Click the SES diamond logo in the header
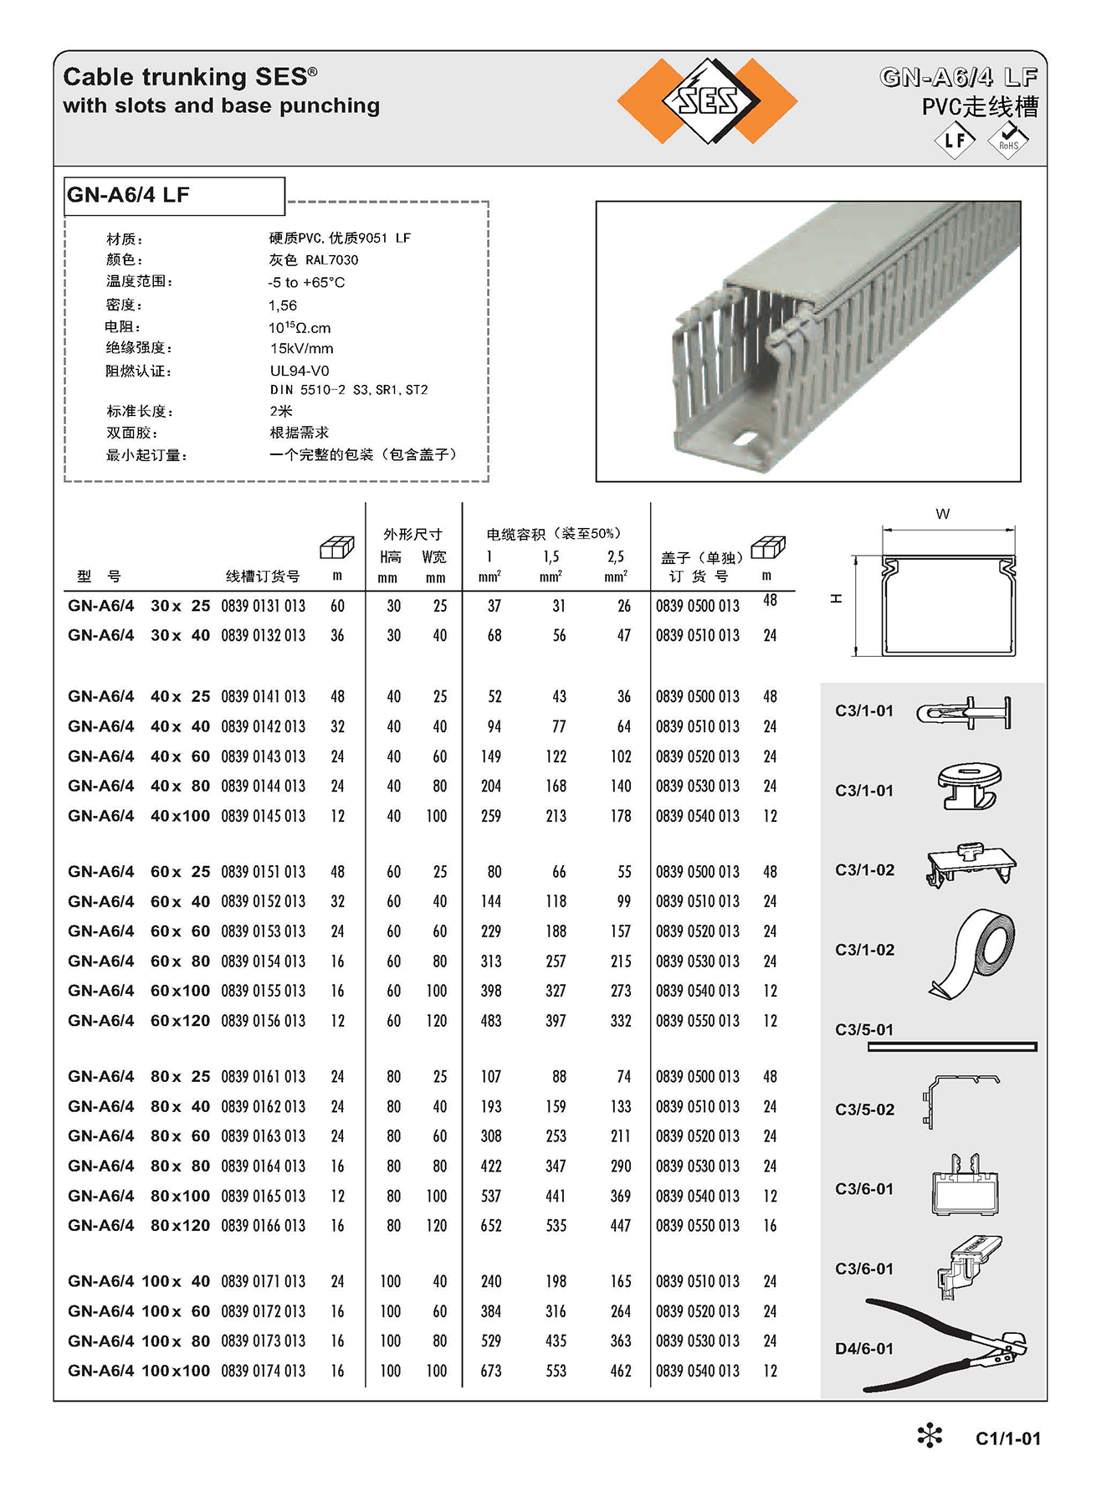[708, 100]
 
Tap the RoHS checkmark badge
[1008, 140]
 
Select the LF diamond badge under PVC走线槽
[955, 140]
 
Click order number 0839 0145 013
[263, 816]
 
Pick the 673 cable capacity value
[491, 1371]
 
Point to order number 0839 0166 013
[263, 1225]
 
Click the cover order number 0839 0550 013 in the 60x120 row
[697, 1021]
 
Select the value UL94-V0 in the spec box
[300, 371]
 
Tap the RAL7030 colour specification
[314, 260]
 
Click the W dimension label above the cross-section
[943, 514]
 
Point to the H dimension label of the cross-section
[836, 599]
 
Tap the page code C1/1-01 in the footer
[1007, 1438]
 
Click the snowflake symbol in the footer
[930, 1437]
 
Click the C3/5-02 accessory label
[864, 1110]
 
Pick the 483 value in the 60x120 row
[491, 1021]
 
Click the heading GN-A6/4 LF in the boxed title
[128, 195]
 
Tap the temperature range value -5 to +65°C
[306, 283]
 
